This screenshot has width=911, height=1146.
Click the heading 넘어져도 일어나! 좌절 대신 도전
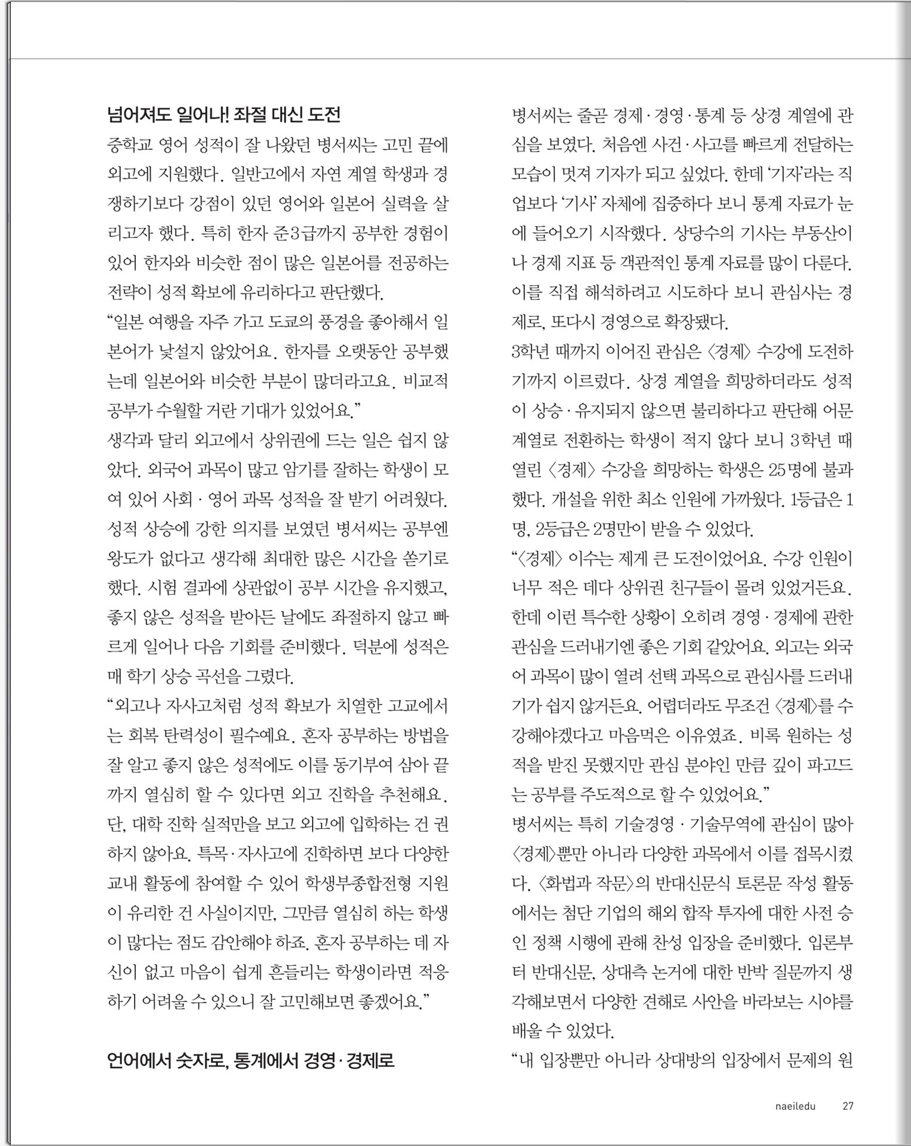click(x=223, y=114)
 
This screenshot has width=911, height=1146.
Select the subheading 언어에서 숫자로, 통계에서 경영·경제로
click(x=251, y=1060)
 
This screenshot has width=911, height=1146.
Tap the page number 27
click(x=848, y=1106)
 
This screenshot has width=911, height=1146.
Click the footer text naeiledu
click(x=795, y=1106)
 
